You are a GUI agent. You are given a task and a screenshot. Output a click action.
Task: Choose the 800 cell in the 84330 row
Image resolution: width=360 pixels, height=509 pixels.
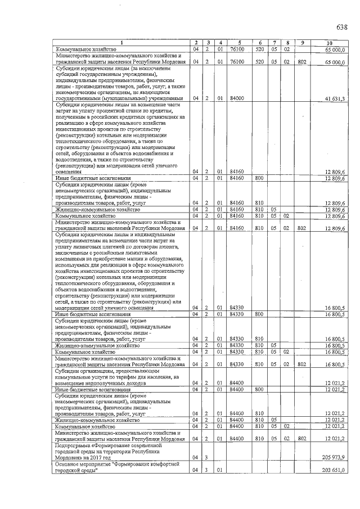pyautogui.click(x=259, y=314)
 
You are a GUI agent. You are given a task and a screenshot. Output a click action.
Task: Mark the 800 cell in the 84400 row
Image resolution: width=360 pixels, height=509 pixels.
pyautogui.click(x=259, y=389)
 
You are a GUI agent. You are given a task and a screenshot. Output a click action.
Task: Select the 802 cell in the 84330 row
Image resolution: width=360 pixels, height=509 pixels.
pyautogui.click(x=302, y=364)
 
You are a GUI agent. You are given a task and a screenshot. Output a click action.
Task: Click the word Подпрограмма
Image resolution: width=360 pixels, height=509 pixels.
pyautogui.click(x=71, y=444)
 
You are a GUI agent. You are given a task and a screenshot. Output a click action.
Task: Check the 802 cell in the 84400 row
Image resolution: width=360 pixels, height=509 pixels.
pyautogui.click(x=302, y=438)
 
